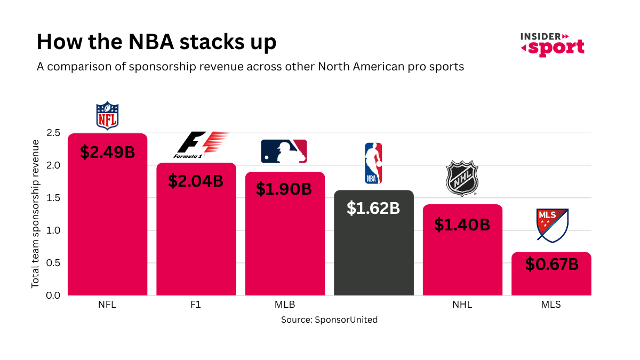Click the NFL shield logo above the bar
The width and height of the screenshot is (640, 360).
[x=107, y=116]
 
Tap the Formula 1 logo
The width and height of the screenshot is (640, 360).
[x=201, y=146]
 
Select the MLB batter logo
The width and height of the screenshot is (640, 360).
[x=284, y=151]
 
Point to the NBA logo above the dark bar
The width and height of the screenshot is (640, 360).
[x=373, y=163]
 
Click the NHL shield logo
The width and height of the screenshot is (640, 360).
[x=462, y=178]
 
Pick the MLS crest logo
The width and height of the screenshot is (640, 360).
[x=552, y=225]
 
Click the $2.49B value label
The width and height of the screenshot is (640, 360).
[x=107, y=152]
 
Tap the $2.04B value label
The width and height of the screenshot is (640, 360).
[x=196, y=181]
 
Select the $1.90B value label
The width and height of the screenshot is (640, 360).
[x=284, y=189]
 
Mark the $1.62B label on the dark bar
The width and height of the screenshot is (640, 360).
[x=373, y=208]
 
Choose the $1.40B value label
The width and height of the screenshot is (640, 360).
[x=462, y=225]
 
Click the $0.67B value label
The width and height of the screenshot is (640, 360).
[x=551, y=264]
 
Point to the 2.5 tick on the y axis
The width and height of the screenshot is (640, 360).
[x=53, y=133]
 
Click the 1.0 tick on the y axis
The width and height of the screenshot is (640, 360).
[x=53, y=230]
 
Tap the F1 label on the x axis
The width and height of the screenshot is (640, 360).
[x=196, y=306]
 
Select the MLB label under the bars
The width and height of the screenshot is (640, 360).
[x=285, y=306]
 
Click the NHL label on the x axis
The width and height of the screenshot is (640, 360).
[x=462, y=306]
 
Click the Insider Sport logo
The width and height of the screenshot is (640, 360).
[x=552, y=44]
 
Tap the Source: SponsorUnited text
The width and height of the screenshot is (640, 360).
[x=329, y=320]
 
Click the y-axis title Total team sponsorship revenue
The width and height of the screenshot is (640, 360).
[x=35, y=214]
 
